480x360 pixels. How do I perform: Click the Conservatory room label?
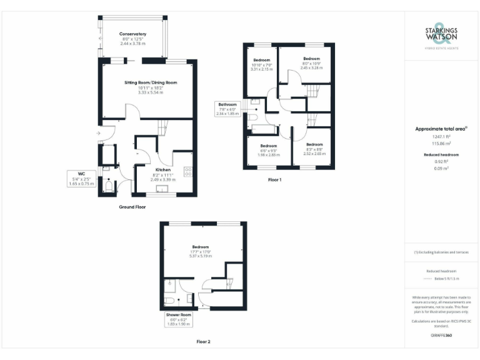132,38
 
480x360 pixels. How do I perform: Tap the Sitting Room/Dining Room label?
151,87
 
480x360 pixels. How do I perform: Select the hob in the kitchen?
187,172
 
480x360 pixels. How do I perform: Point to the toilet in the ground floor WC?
108,186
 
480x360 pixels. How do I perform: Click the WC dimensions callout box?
81,179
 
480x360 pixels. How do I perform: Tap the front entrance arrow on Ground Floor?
98,134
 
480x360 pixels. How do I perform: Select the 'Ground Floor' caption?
132,206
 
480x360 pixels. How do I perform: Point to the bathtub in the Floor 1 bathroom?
262,129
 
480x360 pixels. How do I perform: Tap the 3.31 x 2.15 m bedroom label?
261,64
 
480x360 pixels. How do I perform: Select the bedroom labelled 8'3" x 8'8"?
314,149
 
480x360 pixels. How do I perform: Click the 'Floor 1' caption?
275,180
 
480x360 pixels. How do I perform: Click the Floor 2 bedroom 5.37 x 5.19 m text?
201,251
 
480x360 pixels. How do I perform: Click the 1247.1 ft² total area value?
441,136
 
